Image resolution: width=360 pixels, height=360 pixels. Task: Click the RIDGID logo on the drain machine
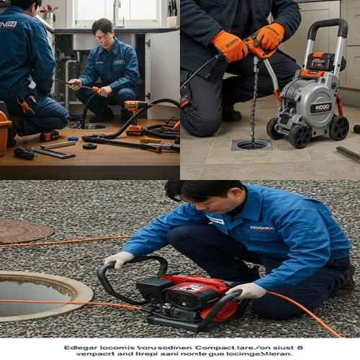click(x=320, y=107)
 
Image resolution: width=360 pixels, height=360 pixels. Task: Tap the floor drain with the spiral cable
click(x=251, y=144)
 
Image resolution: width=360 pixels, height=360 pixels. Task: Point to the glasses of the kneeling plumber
click(x=103, y=35)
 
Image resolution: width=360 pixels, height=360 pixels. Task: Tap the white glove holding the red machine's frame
click(x=246, y=290)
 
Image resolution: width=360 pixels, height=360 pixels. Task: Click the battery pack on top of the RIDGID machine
click(x=320, y=62)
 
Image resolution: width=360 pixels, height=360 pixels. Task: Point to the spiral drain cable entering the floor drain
click(x=254, y=101)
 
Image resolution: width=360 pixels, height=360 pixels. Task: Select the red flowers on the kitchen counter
click(x=49, y=10)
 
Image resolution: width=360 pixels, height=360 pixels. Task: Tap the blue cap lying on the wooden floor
click(x=73, y=138)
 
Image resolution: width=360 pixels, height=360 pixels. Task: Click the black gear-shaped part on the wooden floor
click(x=89, y=146)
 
